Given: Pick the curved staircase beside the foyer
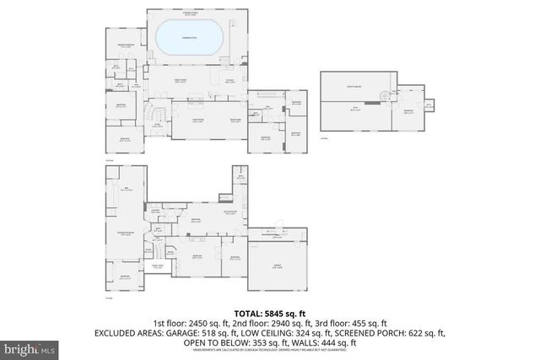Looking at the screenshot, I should [x=152, y=111].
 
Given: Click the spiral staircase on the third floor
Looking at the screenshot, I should [x=388, y=95].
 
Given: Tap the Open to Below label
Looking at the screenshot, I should [x=362, y=87].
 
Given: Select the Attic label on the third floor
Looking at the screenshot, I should [x=355, y=108].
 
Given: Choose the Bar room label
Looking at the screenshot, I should [x=126, y=190].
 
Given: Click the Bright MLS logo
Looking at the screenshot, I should [x=30, y=347].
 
